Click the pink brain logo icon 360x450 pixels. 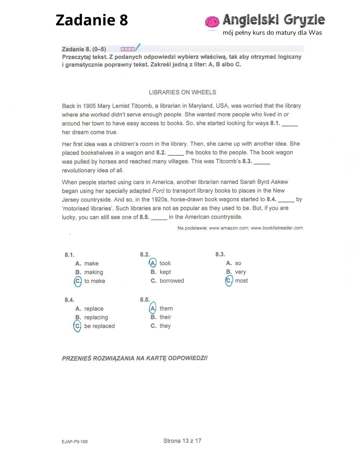click(212, 22)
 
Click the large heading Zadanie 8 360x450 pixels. click(92, 20)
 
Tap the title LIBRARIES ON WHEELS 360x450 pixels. click(182, 92)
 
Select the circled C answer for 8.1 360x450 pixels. click(78, 281)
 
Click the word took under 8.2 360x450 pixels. click(165, 263)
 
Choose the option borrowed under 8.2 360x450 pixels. click(172, 281)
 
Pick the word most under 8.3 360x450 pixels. click(241, 281)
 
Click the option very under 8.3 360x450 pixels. click(240, 272)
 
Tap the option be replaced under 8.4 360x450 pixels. click(99, 326)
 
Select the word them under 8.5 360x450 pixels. click(166, 308)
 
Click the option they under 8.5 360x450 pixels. click(165, 326)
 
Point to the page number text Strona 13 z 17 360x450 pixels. click(182, 441)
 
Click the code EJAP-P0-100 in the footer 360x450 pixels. click(75, 442)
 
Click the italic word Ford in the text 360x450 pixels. click(158, 191)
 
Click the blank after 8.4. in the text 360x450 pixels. click(286, 200)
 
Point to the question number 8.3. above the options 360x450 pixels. click(220, 254)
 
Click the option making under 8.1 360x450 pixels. click(94, 272)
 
